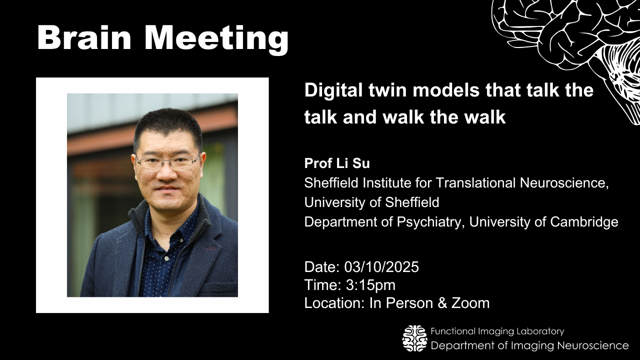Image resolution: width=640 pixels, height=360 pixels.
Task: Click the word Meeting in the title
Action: [217, 39]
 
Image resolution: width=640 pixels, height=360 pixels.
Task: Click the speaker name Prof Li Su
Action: [337, 163]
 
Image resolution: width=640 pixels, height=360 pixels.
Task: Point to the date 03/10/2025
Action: [381, 267]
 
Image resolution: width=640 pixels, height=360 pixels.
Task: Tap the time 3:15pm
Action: [370, 285]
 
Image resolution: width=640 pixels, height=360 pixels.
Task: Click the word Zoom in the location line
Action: [470, 303]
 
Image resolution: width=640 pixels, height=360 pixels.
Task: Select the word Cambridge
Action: [584, 221]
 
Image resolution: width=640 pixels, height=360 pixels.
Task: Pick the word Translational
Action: [475, 183]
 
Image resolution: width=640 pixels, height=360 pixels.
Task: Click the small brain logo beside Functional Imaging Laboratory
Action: [415, 338]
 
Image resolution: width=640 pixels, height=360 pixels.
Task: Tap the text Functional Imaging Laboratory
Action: [497, 331]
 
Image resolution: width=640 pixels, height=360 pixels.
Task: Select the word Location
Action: [333, 303]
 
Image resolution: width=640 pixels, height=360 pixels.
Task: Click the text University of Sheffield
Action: [371, 202]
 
